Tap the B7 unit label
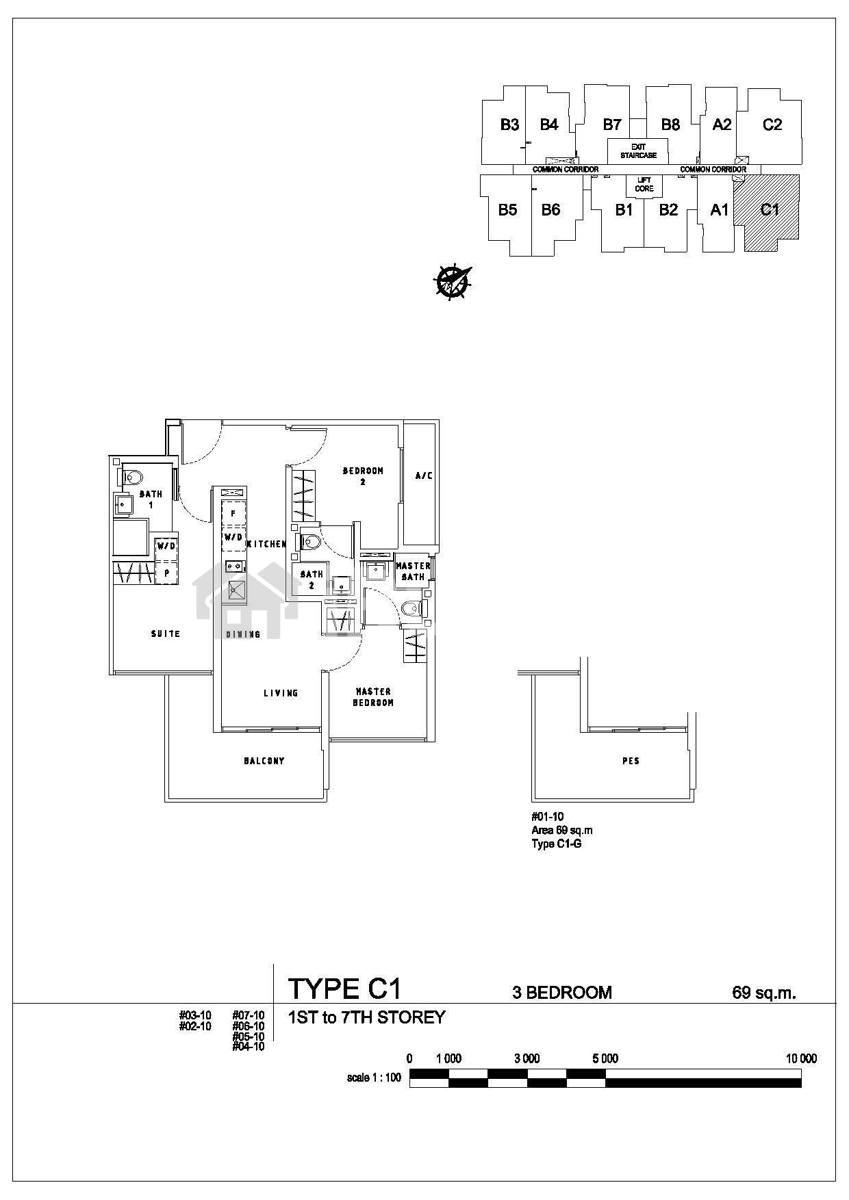611,125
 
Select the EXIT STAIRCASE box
638,151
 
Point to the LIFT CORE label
644,185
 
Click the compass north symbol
452,281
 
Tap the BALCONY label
264,761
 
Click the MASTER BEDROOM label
373,697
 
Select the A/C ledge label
424,475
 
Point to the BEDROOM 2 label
363,476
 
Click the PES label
631,761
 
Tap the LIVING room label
281,693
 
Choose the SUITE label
166,634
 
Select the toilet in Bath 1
132,477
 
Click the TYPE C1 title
344,989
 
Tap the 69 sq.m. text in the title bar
764,993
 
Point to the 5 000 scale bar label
605,1058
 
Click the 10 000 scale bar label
801,1058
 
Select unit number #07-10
249,1015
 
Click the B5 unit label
507,210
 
